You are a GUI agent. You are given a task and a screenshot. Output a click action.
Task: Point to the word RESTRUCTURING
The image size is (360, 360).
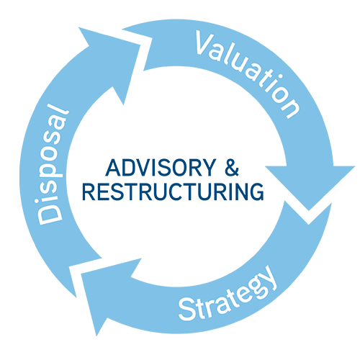[173, 192]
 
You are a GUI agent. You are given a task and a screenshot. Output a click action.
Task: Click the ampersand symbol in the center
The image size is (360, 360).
[232, 168]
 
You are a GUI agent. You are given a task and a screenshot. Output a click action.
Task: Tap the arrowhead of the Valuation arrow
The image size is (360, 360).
[310, 185]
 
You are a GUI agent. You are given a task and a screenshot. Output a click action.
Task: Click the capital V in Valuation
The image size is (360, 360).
[204, 43]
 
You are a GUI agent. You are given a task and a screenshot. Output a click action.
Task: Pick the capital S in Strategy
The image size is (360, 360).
[186, 310]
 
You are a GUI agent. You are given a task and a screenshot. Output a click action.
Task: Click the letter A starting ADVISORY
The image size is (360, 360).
[113, 168]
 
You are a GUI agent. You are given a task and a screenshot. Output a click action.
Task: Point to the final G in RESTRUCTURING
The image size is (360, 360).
[256, 192]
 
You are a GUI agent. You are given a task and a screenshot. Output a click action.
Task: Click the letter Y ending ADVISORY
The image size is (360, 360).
[209, 168]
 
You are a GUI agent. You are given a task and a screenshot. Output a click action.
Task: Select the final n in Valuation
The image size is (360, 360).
[289, 107]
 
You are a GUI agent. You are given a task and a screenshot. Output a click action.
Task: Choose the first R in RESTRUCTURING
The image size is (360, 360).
[89, 192]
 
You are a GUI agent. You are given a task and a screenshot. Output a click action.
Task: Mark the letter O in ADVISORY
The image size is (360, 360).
[177, 168]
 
